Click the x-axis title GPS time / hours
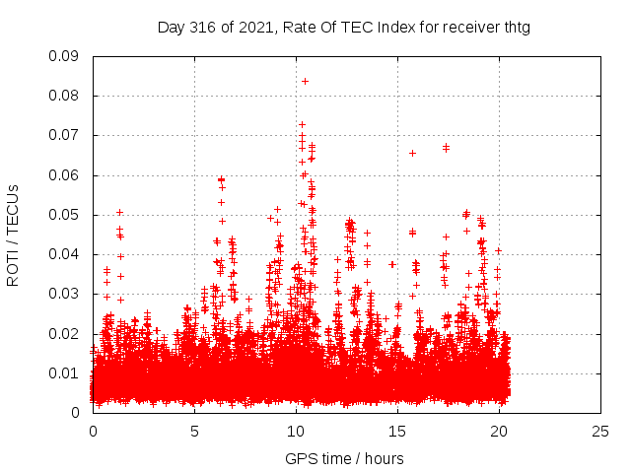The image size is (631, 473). click(344, 458)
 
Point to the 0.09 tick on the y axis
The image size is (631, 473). click(66, 56)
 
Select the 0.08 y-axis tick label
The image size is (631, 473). click(66, 96)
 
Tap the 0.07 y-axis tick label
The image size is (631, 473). click(66, 135)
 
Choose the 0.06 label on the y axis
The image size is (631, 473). click(66, 175)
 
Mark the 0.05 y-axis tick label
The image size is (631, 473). click(66, 215)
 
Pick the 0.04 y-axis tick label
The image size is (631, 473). click(66, 254)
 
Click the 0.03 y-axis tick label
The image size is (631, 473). click(66, 294)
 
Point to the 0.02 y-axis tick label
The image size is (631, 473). click(66, 333)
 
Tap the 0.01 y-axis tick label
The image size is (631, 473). click(66, 372)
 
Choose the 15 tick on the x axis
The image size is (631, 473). click(398, 431)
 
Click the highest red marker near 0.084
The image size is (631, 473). click(305, 81)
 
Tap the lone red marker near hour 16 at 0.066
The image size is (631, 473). click(412, 153)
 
